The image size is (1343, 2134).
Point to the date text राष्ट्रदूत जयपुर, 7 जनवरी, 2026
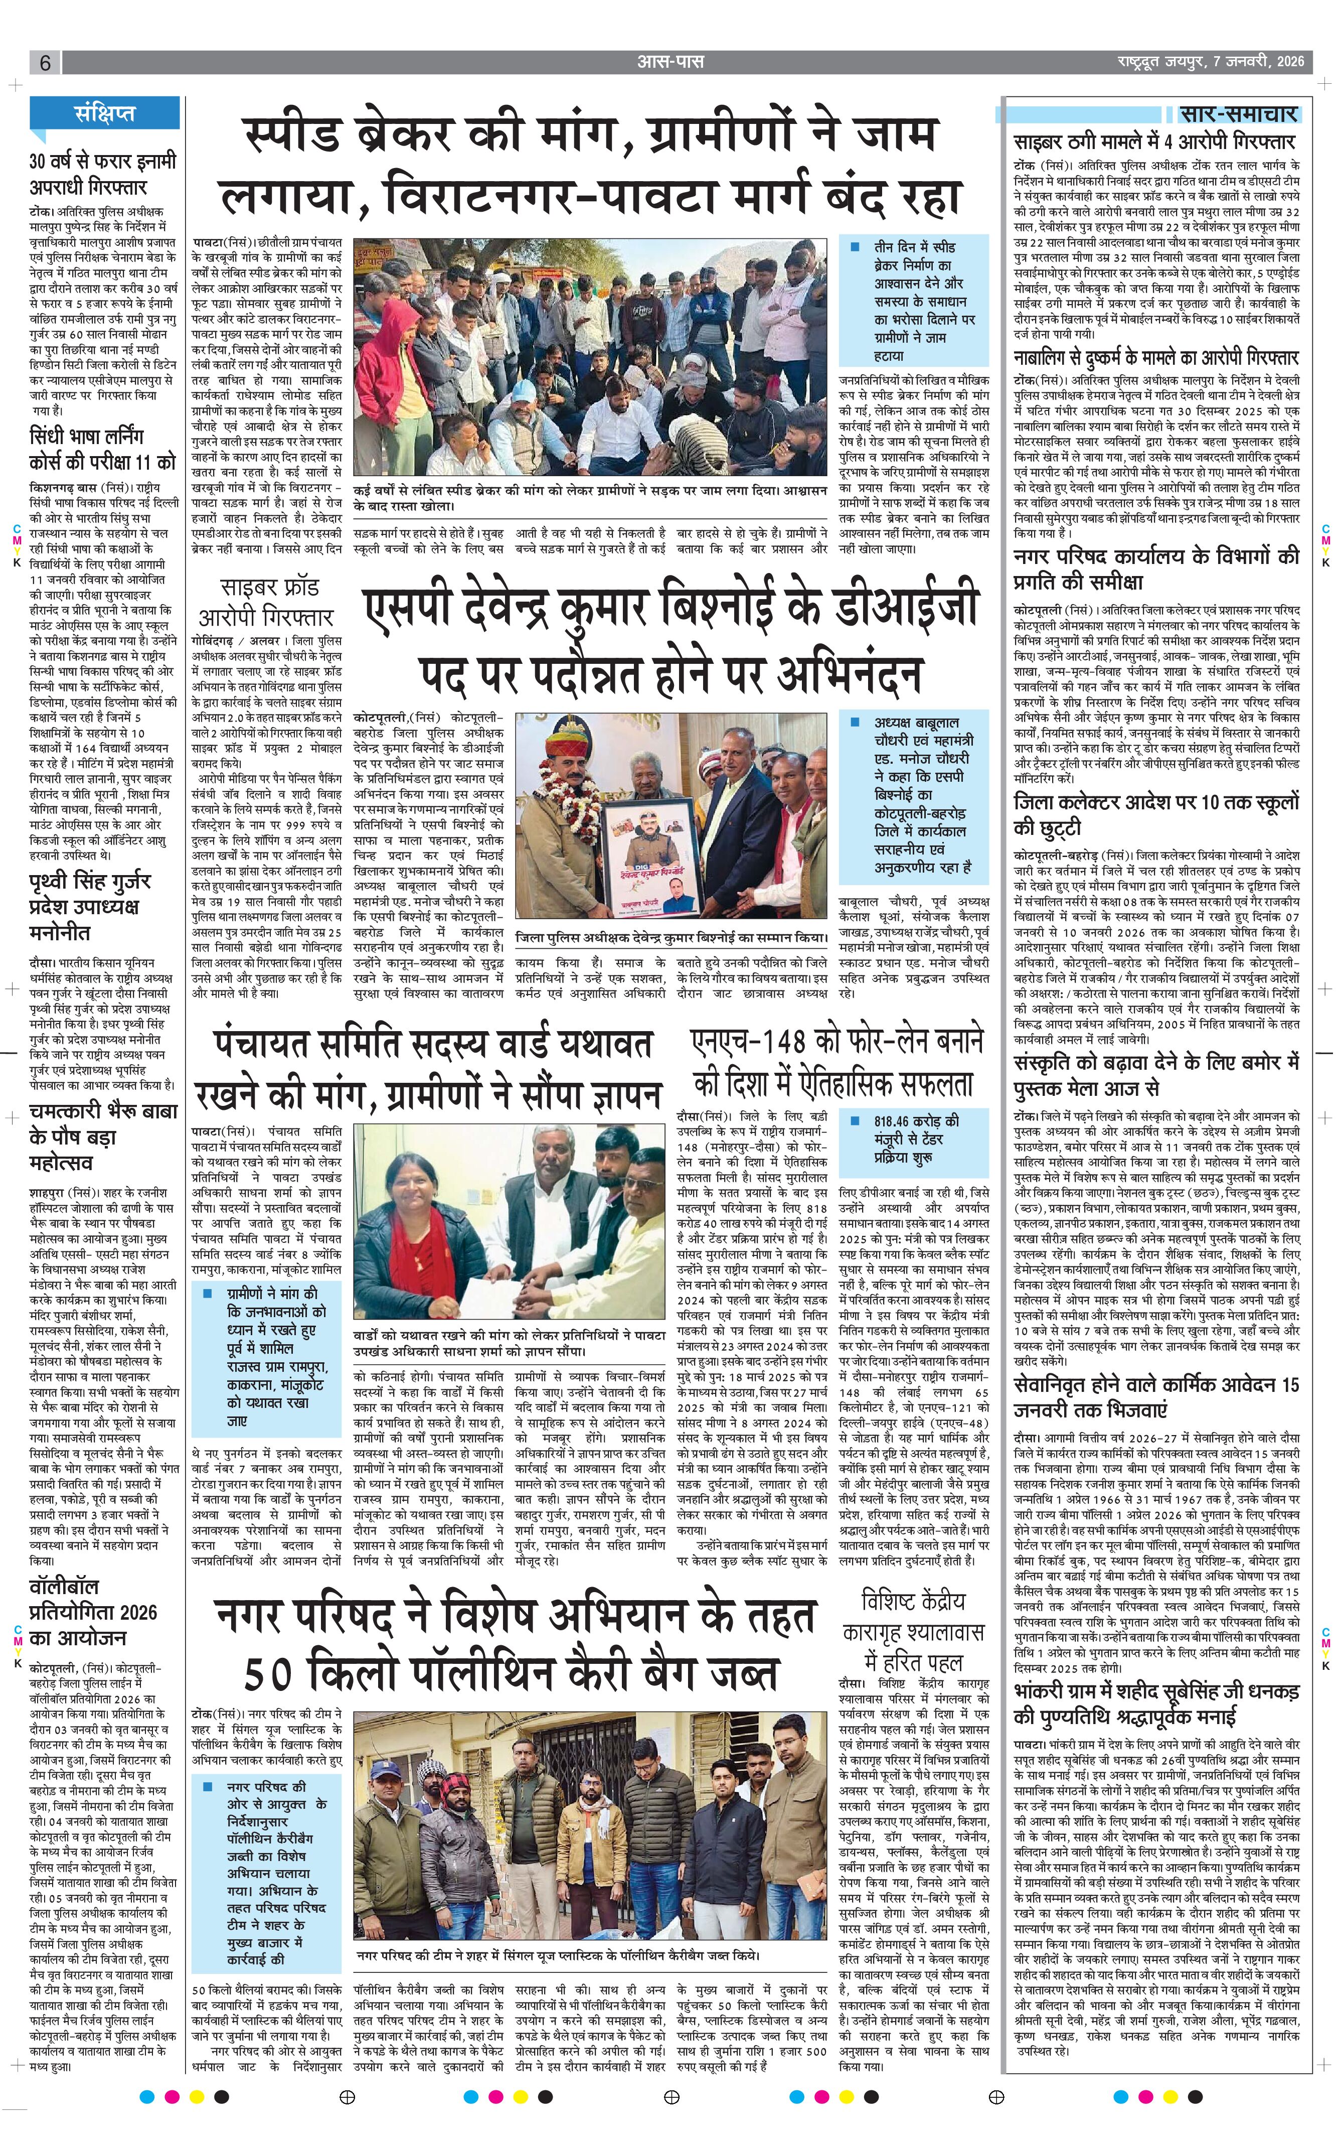click(1210, 62)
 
